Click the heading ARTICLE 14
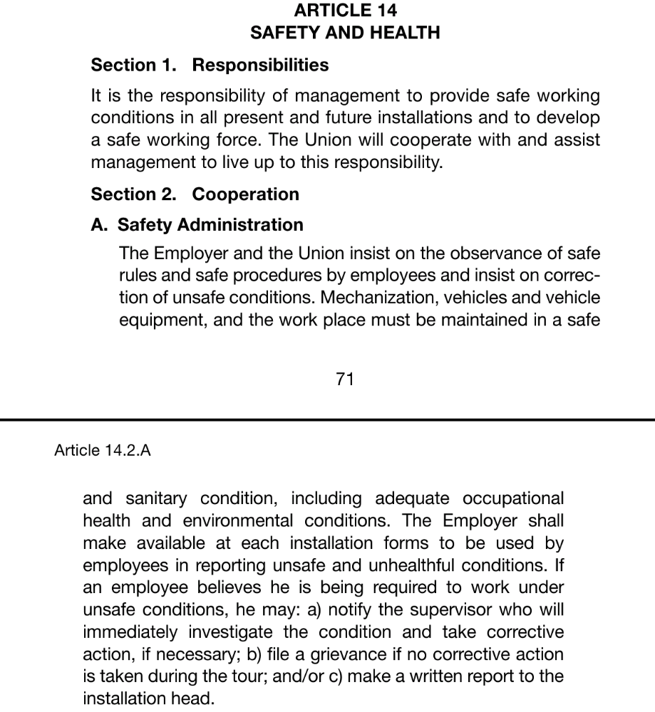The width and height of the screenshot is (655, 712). point(345,11)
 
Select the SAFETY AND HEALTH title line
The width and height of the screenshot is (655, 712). point(345,33)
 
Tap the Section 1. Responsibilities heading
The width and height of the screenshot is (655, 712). point(210,65)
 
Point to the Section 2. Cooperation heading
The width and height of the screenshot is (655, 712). point(195,194)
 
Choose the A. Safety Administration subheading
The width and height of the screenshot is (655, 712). point(197,225)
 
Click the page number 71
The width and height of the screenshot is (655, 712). point(345,379)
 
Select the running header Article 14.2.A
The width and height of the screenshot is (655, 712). point(103,450)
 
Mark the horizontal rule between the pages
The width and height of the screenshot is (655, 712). point(327,419)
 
